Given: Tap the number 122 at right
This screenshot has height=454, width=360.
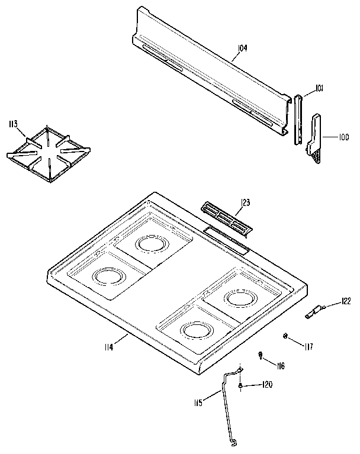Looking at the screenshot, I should (346, 301).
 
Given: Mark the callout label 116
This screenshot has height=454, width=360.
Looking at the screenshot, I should (279, 366).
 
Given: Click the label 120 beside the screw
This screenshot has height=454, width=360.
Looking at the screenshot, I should (266, 385).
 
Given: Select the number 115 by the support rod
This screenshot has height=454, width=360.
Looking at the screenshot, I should (198, 403).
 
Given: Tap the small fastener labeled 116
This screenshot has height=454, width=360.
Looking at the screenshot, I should (261, 355).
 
